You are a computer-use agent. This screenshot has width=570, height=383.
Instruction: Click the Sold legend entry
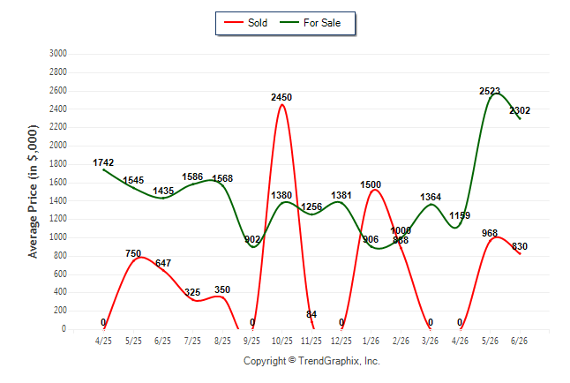point(246,23)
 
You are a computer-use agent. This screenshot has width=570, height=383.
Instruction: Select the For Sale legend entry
point(310,23)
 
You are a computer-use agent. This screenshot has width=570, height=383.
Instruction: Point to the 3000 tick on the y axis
point(58,54)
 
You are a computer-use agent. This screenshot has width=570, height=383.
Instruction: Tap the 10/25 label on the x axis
point(281,341)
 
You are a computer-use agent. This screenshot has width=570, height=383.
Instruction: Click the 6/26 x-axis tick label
point(519,341)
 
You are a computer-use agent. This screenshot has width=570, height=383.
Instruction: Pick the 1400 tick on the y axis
point(58,200)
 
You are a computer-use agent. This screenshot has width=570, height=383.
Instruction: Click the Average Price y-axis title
point(33,191)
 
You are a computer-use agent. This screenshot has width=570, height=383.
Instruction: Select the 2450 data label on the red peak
point(281,97)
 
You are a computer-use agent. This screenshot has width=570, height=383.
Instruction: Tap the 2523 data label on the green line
point(490,91)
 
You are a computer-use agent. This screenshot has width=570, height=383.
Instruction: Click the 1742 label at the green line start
point(103,162)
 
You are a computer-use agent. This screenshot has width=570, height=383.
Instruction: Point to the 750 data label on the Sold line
point(133,253)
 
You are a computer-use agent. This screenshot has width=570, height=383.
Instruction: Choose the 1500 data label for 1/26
point(371,184)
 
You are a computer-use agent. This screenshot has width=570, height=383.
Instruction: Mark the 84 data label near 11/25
point(311,314)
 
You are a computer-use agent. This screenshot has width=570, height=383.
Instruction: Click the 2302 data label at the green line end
point(520,110)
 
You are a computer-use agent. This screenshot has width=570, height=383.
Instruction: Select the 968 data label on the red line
point(490,233)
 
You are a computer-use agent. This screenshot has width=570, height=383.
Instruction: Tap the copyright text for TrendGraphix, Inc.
point(311,361)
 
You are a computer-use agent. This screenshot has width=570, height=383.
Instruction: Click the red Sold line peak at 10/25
point(281,105)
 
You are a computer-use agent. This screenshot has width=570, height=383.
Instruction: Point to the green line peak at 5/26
point(496,94)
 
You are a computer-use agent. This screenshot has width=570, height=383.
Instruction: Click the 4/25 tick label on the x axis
point(103,341)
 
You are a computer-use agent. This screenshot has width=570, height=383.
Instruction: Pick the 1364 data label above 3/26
point(431,197)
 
